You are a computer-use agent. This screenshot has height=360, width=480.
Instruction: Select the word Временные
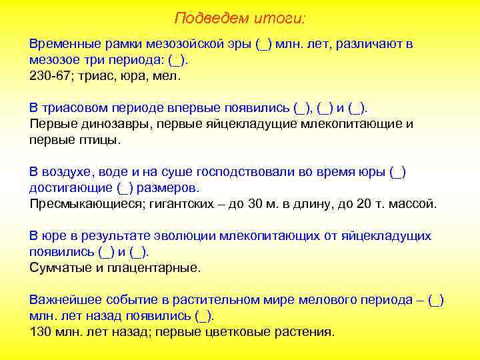[x=63, y=45]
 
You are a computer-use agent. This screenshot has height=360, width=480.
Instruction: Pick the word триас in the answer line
[x=95, y=75]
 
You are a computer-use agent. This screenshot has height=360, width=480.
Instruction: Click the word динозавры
[x=109, y=124]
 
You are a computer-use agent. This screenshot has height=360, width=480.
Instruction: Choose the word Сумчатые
[x=57, y=267]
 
